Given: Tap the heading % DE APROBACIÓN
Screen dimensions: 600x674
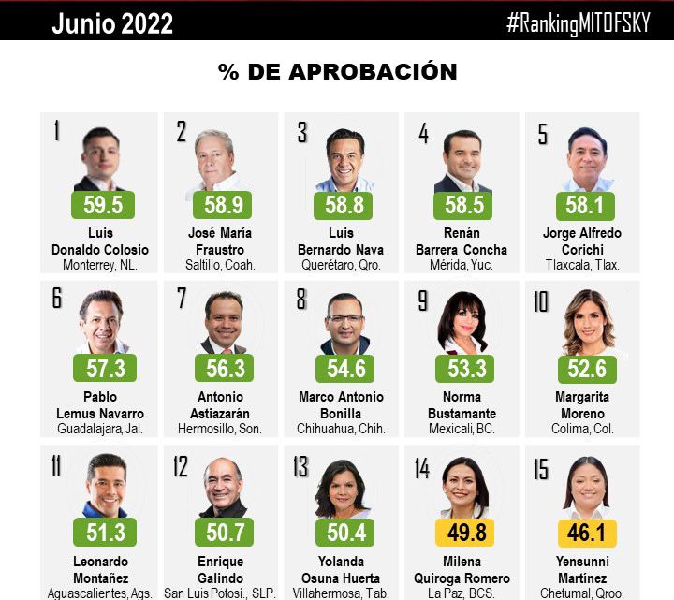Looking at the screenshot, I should pos(337,72).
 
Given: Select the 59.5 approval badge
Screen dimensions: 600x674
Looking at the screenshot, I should pos(103,205).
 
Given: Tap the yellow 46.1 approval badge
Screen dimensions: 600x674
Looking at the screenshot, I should pos(587,533).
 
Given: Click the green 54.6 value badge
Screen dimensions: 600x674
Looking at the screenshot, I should pos(344,367).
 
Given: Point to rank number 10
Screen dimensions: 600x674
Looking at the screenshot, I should pos(542,301).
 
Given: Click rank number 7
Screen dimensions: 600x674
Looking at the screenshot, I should pos(183,300).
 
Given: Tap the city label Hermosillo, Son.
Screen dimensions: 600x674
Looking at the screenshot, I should pos(220,429).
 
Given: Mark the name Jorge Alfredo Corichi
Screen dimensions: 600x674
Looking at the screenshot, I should pos(582,241).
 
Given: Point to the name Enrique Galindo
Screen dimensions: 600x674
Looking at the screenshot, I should pos(220,570).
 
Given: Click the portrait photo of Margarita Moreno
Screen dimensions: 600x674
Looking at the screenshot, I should pos(587,323).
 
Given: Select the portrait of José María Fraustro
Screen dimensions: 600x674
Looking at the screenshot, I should pos(220,159).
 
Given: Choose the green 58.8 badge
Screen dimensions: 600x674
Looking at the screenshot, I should pos(344,205).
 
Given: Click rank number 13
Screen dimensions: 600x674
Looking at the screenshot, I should pos(301,465).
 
